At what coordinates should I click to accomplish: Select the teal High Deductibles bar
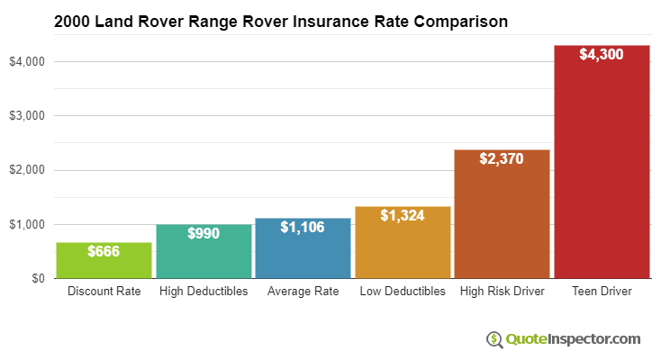[x=204, y=256]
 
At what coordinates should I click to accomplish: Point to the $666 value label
[x=104, y=251]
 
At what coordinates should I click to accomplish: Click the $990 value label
[x=204, y=233]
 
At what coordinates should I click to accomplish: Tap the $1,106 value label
[x=303, y=228]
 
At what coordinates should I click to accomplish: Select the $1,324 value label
[x=403, y=215]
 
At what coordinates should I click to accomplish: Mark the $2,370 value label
[x=502, y=158]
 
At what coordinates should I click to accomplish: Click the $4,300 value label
[x=602, y=54]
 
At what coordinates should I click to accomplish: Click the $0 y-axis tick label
[x=37, y=278]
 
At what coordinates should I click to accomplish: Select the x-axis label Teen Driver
[x=602, y=292]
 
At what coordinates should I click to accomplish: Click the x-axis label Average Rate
[x=303, y=292]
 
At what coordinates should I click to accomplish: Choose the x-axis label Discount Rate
[x=104, y=292]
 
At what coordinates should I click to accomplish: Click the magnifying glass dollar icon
[x=494, y=339]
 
